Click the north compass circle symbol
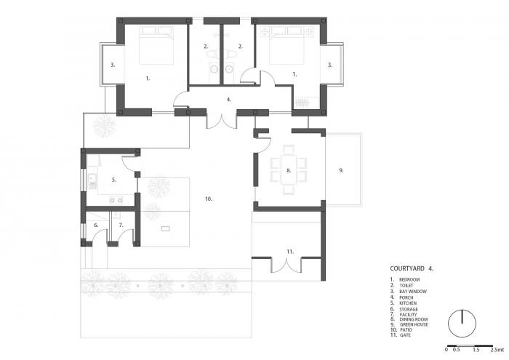point(460,321)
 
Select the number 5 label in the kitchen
point(113,179)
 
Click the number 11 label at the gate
point(289,251)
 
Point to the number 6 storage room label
point(95,225)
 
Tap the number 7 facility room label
point(121,225)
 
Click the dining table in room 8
point(289,170)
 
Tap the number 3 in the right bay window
point(330,65)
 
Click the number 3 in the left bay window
point(112,65)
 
